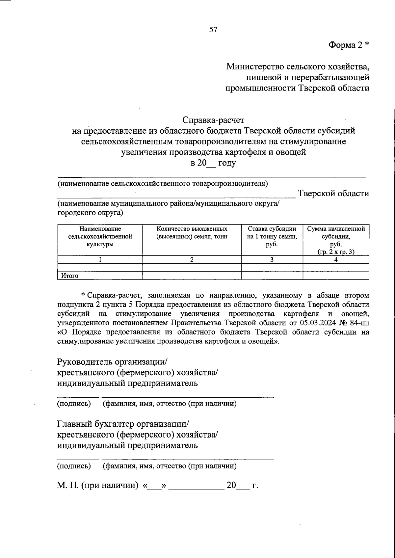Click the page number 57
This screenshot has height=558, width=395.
point(213,30)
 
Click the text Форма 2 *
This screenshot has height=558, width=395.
point(349,45)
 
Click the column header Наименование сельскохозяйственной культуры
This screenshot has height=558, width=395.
point(100,236)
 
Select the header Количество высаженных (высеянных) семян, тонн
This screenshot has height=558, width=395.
point(192,232)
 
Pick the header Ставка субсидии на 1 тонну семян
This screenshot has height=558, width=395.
point(272,236)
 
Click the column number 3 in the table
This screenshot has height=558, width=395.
point(272,259)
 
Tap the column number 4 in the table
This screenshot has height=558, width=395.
point(336,259)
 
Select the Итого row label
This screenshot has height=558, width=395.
point(69,276)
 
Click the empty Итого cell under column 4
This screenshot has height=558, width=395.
point(336,276)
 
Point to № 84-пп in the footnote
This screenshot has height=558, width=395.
point(356,321)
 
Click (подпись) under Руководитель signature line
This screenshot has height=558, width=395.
point(74,404)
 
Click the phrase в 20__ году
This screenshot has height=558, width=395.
point(213,163)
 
